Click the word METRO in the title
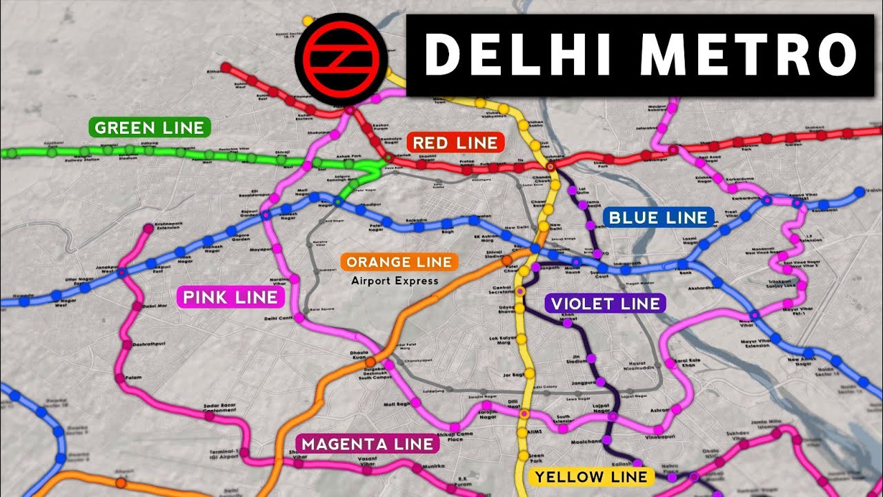[x=732, y=55]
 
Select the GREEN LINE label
[x=150, y=128]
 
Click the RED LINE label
[x=455, y=143]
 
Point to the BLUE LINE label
[x=658, y=218]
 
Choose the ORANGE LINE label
[x=399, y=262]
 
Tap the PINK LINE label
[x=231, y=298]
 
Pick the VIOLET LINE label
[x=604, y=303]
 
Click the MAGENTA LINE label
[x=368, y=444]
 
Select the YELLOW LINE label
[x=591, y=476]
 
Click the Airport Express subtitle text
[x=395, y=281]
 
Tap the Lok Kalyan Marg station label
[x=502, y=341]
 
